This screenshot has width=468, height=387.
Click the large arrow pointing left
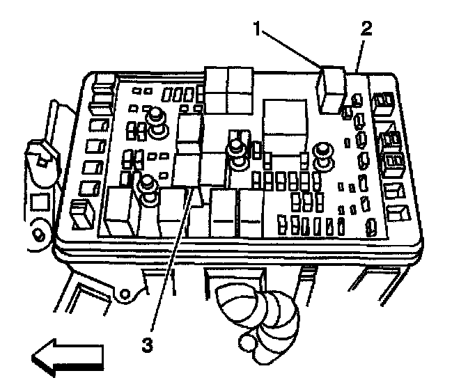67,356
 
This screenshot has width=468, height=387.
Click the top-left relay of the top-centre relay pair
216,79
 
